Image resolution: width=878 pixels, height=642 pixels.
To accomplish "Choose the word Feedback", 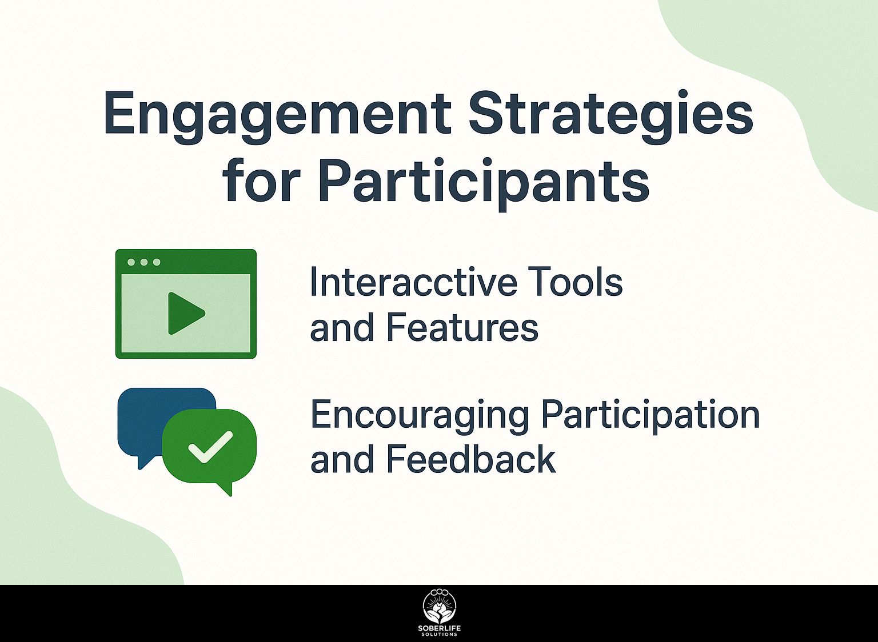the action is pos(471,459).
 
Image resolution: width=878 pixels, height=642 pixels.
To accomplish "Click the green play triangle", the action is pos(186,313).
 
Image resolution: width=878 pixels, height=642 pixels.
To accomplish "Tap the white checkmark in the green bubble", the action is pos(210,448).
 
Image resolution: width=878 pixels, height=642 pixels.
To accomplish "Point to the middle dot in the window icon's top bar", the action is pos(144,262).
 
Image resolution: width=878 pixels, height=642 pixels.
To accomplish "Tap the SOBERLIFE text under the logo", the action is pos(440,629).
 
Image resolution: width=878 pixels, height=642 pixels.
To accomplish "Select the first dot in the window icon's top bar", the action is pos(131,262).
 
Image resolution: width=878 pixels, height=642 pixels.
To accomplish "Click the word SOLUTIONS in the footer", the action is pos(440,635).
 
